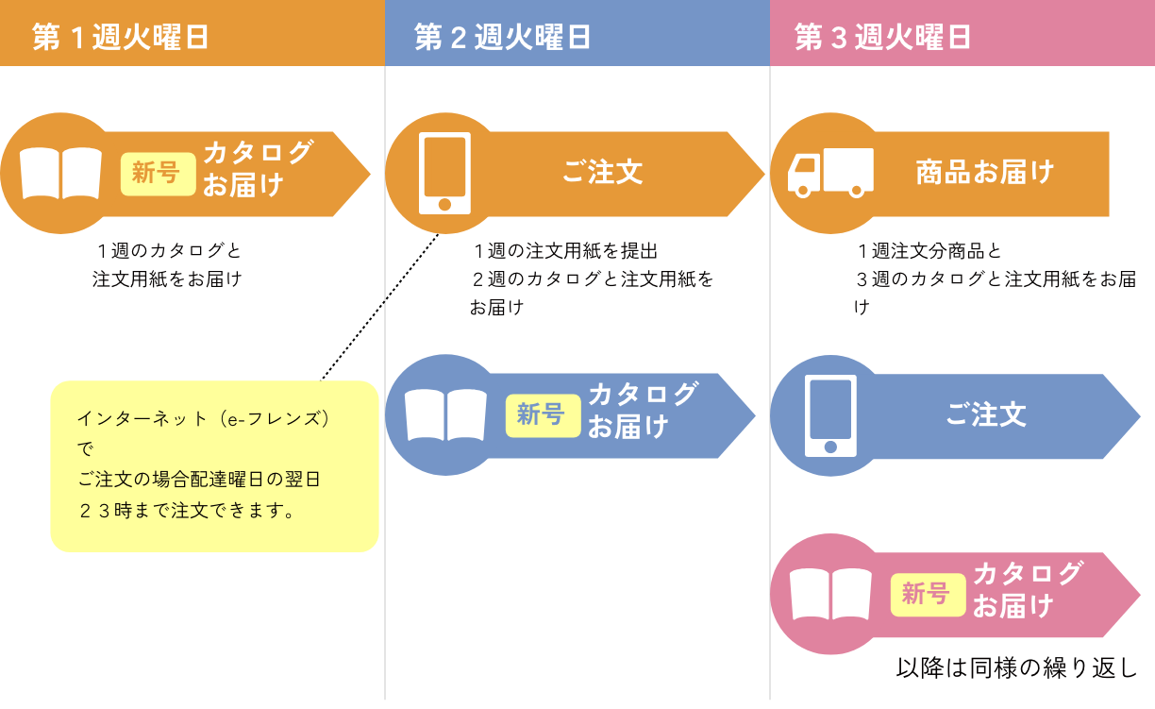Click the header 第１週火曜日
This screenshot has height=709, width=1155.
(120, 37)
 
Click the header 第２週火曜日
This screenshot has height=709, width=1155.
(502, 37)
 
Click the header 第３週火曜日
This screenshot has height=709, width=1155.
(883, 37)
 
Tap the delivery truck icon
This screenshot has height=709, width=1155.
(830, 173)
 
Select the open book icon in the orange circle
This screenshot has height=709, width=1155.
(60, 173)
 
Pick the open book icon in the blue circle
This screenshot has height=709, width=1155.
(445, 415)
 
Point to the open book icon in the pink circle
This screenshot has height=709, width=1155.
(830, 594)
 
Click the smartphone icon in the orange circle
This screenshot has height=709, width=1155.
(445, 173)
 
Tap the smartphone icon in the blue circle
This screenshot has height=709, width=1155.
(830, 415)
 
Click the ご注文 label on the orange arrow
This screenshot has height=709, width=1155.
(603, 173)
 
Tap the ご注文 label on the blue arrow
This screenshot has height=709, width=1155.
(986, 415)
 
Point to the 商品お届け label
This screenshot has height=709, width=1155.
(984, 173)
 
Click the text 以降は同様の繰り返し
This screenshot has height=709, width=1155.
(1017, 668)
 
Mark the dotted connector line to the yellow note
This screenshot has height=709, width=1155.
(381, 306)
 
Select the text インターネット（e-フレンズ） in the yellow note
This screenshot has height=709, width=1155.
(205, 418)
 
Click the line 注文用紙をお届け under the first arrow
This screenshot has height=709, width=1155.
(167, 279)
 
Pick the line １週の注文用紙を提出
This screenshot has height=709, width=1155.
(565, 251)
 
